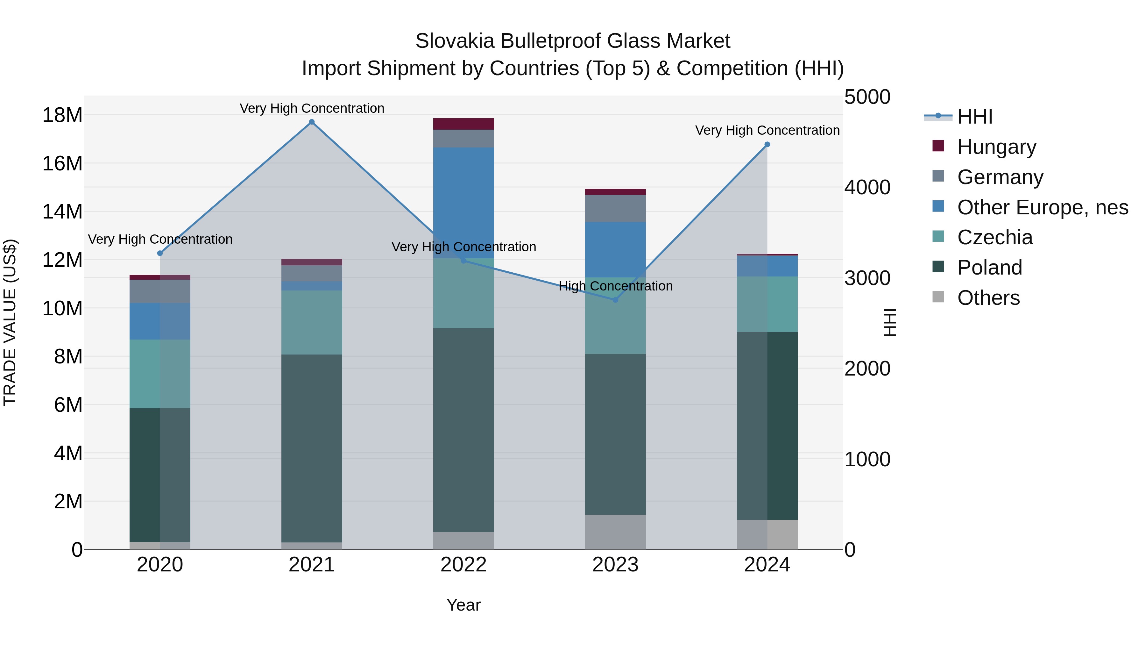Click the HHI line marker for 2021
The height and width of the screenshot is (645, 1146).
pyautogui.click(x=312, y=122)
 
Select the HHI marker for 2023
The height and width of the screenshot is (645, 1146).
pyautogui.click(x=615, y=300)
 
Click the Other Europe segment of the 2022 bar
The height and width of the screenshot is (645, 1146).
pyautogui.click(x=463, y=203)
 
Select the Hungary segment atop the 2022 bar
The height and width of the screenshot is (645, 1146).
pyautogui.click(x=463, y=124)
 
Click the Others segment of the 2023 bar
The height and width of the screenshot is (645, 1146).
pyautogui.click(x=615, y=532)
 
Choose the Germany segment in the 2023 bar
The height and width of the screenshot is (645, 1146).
pyautogui.click(x=615, y=208)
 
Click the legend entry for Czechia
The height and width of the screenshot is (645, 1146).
pyautogui.click(x=995, y=237)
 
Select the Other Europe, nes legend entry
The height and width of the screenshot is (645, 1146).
pyautogui.click(x=1042, y=207)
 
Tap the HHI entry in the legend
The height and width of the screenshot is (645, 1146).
pyautogui.click(x=974, y=117)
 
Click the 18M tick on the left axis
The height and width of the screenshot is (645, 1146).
pyautogui.click(x=62, y=115)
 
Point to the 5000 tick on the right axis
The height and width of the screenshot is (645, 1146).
pyautogui.click(x=867, y=97)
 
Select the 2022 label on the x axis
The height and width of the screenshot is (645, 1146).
pyautogui.click(x=463, y=565)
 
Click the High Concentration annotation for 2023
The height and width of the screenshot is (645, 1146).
pyautogui.click(x=615, y=286)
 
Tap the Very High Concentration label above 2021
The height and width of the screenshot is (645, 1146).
pyautogui.click(x=312, y=108)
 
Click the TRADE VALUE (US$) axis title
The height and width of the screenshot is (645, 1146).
pyautogui.click(x=10, y=322)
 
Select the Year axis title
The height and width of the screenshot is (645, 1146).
pyautogui.click(x=463, y=605)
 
